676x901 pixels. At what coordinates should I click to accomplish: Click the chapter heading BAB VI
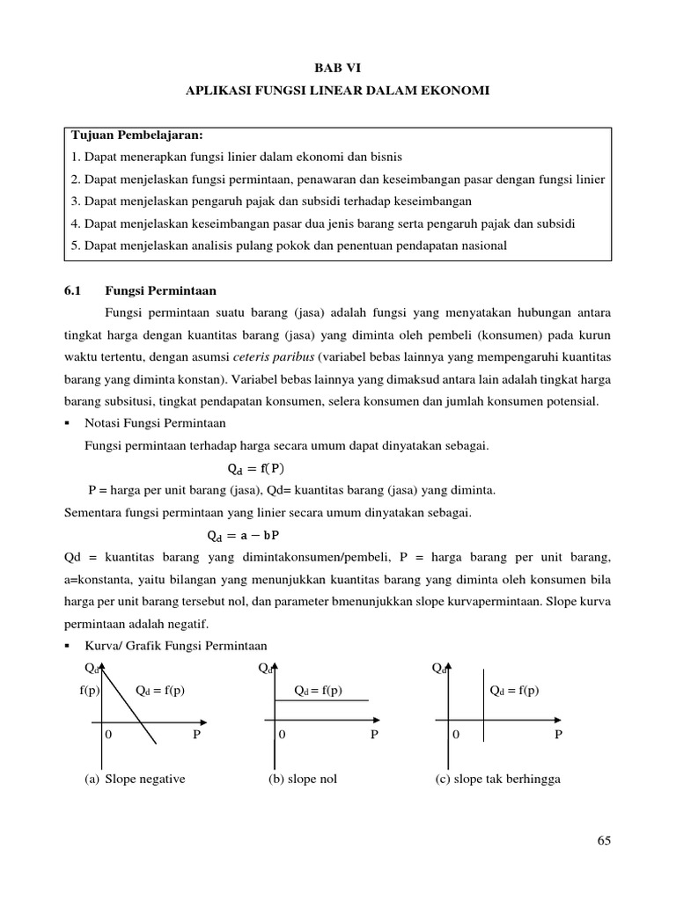click(x=339, y=67)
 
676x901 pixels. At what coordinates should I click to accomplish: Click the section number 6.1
click(x=73, y=289)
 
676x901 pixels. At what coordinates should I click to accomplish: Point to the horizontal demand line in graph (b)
click(x=322, y=700)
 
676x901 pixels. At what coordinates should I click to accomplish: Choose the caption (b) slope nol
click(x=303, y=780)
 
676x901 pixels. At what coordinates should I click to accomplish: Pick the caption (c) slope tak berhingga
click(x=497, y=780)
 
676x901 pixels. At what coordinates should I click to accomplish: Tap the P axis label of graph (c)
click(x=556, y=734)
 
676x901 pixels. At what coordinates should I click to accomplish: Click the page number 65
click(x=603, y=841)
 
